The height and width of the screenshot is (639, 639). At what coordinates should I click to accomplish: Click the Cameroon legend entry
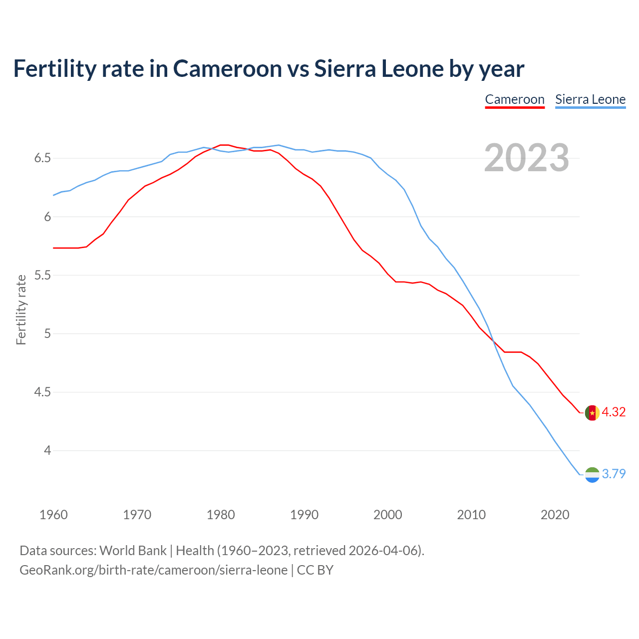tap(515, 99)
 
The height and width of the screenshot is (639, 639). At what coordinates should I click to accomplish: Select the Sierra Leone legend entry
tap(590, 99)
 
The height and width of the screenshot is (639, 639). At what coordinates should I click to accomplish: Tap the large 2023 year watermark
tap(527, 158)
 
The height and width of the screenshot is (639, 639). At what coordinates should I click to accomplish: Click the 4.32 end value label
tap(614, 412)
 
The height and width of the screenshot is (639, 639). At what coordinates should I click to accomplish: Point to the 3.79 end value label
tap(614, 474)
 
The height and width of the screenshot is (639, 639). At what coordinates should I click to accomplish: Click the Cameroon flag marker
tap(592, 413)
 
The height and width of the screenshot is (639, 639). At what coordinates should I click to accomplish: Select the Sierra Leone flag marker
tap(592, 475)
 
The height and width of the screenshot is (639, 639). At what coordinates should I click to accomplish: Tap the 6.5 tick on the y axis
tap(42, 158)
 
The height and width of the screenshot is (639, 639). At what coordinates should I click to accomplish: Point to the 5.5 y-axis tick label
tap(42, 275)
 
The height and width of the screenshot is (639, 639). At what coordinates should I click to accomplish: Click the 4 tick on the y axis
tap(47, 450)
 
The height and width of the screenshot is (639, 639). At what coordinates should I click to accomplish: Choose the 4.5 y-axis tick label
tap(42, 392)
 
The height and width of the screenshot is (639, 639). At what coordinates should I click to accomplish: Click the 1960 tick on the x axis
tap(53, 515)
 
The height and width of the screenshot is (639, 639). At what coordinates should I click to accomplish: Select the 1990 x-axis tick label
tap(304, 515)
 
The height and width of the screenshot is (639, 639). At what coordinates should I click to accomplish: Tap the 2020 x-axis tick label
tap(555, 515)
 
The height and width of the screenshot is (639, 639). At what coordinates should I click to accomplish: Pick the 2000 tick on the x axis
tap(388, 515)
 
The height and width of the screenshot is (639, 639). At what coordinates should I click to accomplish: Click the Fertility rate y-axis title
tap(21, 310)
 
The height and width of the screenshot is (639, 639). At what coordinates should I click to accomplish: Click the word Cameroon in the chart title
tap(227, 68)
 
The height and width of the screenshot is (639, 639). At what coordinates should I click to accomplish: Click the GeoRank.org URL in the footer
tap(153, 570)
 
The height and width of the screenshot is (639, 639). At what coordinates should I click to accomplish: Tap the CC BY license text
tap(315, 570)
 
